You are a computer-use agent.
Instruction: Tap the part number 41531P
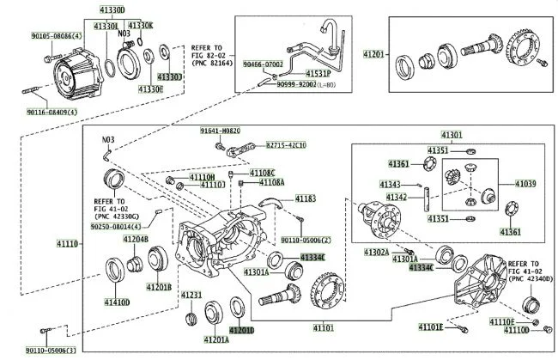(316, 74)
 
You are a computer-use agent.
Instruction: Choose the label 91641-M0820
(219, 131)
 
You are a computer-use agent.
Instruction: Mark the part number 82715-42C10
(285, 145)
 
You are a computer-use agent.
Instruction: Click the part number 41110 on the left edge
(69, 245)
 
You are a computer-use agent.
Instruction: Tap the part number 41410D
(117, 302)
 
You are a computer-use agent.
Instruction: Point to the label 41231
(191, 295)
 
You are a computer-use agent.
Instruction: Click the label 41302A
(376, 252)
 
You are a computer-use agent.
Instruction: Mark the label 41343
(391, 184)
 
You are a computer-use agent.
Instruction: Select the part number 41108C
(263, 173)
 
